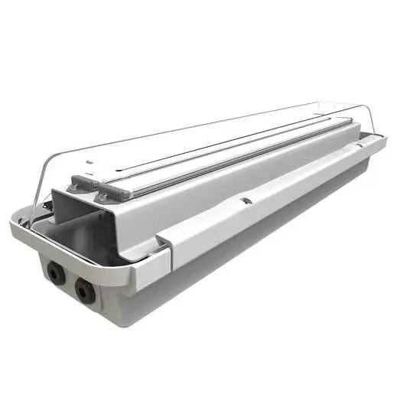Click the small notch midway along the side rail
tap(245, 200)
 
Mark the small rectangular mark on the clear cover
tap(90, 163)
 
